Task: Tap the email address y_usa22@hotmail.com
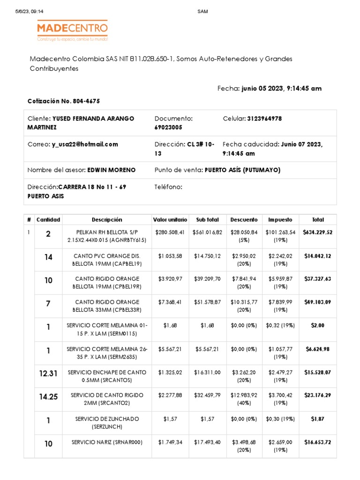[85, 144]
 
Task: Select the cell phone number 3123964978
[264, 119]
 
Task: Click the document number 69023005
[168, 127]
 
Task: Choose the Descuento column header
[244, 219]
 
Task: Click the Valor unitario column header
[170, 219]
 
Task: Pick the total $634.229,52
[317, 232]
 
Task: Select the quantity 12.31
[48, 374]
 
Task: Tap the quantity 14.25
[48, 397]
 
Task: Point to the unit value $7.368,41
[170, 302]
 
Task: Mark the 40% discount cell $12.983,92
[244, 395]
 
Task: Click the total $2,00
[317, 325]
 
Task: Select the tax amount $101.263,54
[280, 232]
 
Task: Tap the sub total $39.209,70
[207, 279]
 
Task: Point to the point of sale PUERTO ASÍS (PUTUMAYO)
[242, 170]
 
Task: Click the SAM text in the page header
[202, 12]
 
